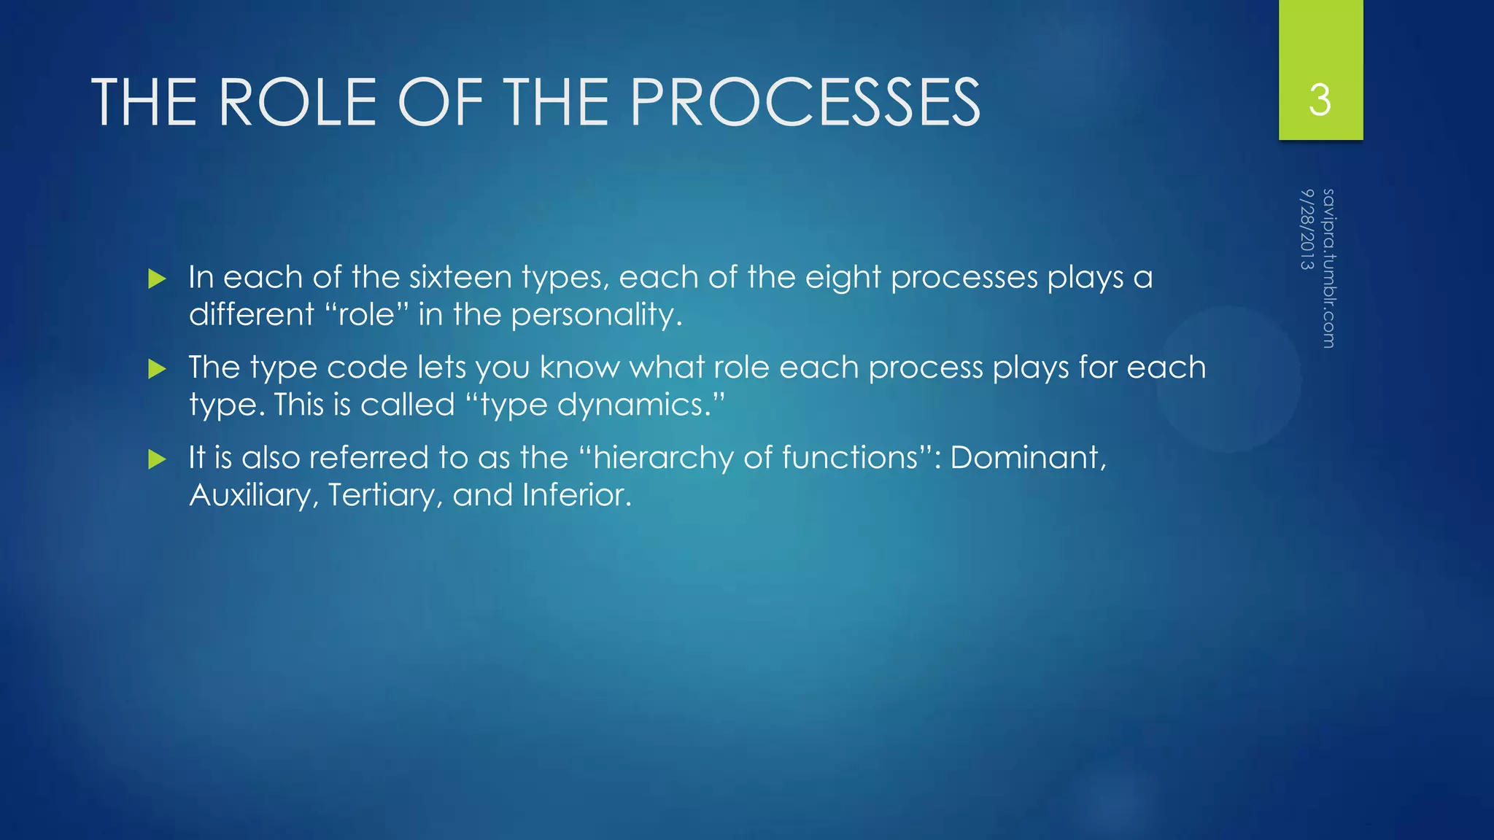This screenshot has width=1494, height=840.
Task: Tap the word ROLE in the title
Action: click(x=297, y=102)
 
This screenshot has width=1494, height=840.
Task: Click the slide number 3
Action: click(x=1320, y=100)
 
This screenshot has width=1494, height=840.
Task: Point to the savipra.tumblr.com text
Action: click(x=1328, y=268)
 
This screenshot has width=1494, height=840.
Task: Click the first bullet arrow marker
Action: click(x=157, y=279)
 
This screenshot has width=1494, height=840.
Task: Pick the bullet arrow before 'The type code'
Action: click(x=157, y=369)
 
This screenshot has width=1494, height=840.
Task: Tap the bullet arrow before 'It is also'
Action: click(x=157, y=459)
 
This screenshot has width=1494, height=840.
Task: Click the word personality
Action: click(x=595, y=315)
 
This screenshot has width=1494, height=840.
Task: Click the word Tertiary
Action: click(x=384, y=496)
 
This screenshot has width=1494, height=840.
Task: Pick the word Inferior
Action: click(x=576, y=496)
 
